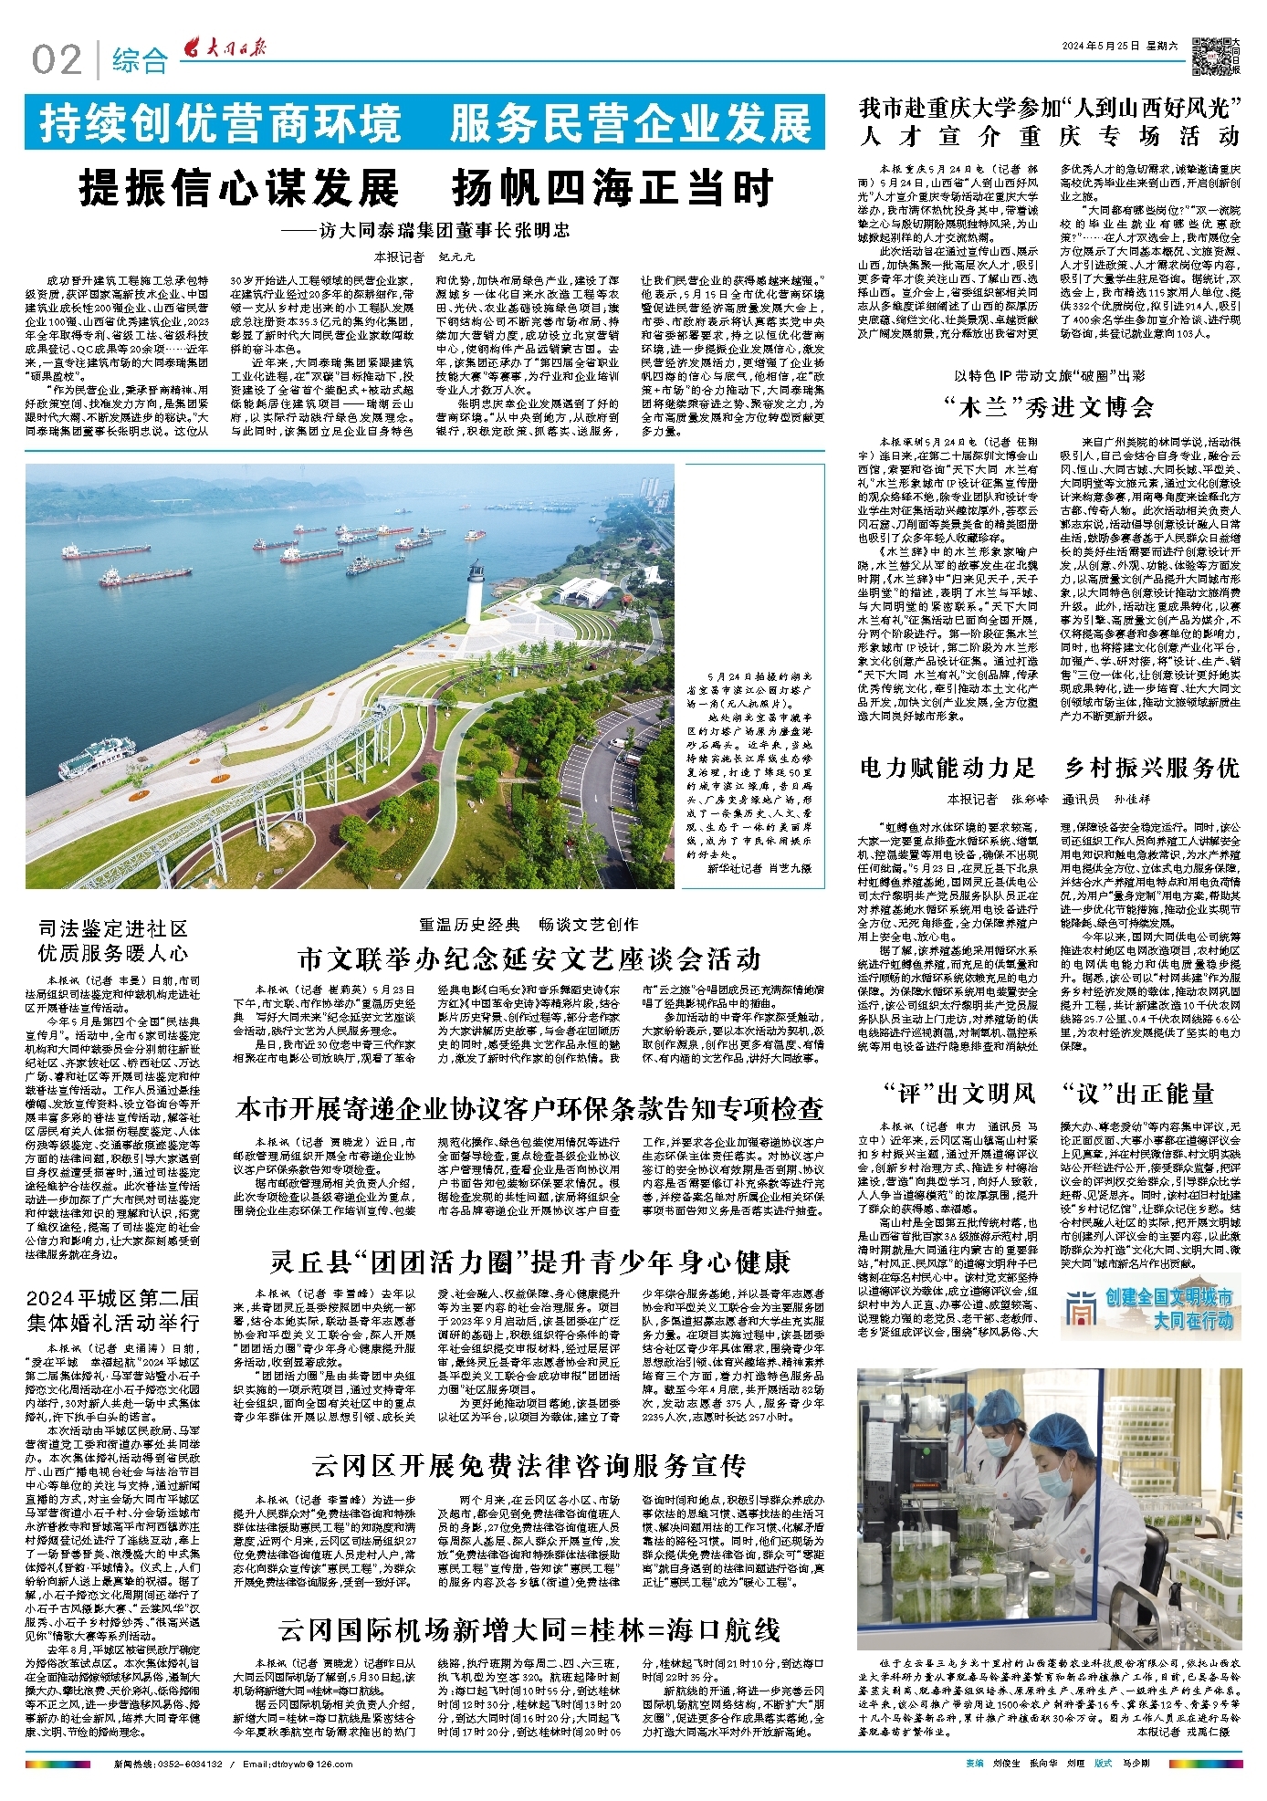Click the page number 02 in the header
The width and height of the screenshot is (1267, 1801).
click(57, 60)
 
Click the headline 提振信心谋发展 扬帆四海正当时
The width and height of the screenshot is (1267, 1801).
click(425, 189)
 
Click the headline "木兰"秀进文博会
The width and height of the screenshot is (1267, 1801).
click(1050, 406)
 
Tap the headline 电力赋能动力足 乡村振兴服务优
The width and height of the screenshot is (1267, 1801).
click(1050, 768)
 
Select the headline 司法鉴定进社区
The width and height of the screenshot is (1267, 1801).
click(113, 929)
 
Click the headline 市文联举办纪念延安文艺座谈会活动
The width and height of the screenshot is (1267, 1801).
click(529, 958)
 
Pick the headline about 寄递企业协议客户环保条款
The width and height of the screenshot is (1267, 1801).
click(529, 1109)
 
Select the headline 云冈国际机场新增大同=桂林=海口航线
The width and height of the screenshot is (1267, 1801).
click(529, 1629)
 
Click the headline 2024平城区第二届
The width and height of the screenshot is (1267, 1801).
click(113, 1298)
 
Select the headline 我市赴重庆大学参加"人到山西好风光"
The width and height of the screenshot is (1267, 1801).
click(1050, 109)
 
